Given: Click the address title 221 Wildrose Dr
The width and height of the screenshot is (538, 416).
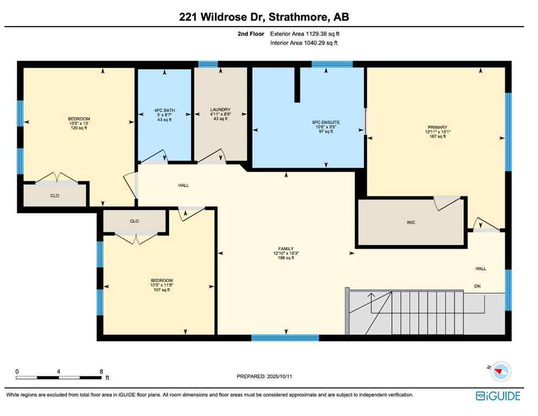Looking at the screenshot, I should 264,17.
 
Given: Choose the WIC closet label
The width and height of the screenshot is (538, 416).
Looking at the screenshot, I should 411,223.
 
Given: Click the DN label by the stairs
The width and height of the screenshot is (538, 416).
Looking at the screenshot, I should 477,286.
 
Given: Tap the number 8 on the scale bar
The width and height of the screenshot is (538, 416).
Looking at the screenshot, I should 101,371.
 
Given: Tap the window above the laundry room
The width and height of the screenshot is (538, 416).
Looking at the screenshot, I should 208,64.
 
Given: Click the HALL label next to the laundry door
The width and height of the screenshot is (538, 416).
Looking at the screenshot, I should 184,185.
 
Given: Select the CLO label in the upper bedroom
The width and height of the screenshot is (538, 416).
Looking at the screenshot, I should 55,196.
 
